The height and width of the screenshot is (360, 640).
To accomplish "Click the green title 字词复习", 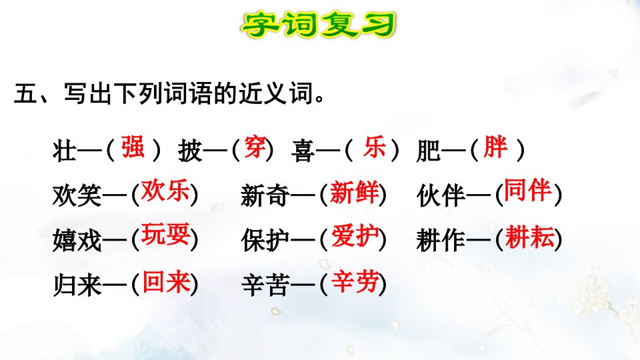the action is coord(319,25).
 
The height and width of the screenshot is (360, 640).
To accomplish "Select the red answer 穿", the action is coord(255,147).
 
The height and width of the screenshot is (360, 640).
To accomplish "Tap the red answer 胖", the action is coord(495,147).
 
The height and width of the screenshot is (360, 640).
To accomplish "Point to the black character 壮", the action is coord(65,151).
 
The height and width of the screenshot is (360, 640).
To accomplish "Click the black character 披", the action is coord(190,151).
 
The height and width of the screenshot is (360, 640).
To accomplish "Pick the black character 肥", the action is coord(429,151).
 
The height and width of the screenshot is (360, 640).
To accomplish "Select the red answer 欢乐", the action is coord(165,191).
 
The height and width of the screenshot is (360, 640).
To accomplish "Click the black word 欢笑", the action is coord(77,195).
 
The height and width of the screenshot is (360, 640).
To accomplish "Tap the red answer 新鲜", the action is coord(354,192).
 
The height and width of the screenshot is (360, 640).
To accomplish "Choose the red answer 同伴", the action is coord(528,190).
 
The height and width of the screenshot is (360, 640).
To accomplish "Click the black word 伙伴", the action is coord(441,195).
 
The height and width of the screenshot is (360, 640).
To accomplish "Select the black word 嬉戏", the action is coord(77,240).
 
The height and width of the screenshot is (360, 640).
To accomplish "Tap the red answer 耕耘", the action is coord(530,237).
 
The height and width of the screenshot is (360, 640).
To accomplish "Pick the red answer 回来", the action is coord(166,282).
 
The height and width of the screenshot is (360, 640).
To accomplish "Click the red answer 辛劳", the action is coord(355,281).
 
